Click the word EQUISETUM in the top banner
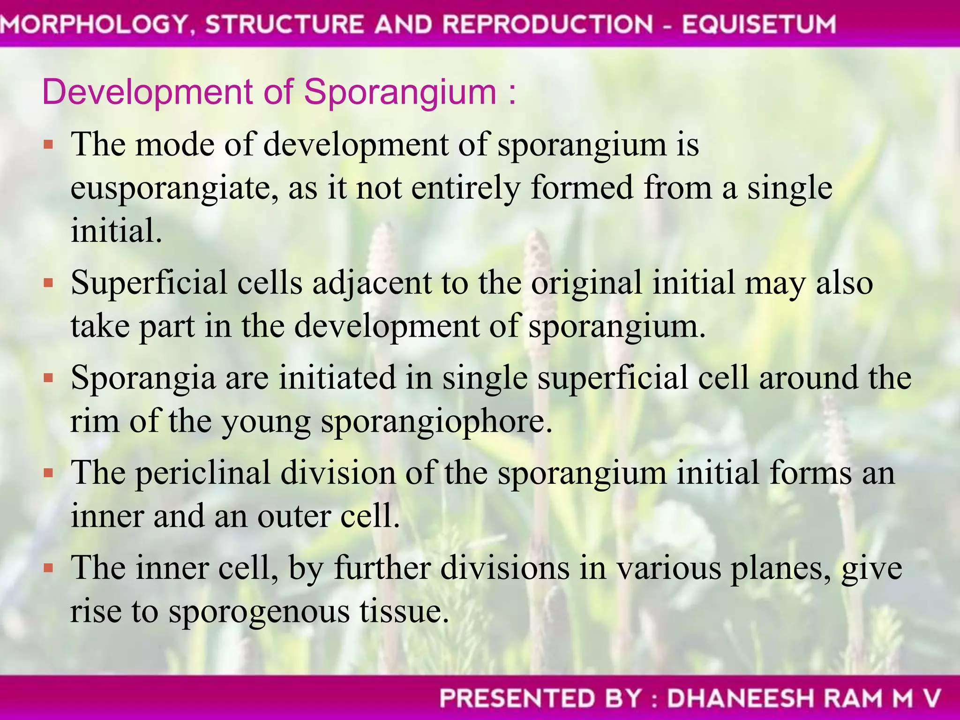[758, 24]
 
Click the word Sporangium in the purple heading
[400, 92]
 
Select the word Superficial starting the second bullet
[149, 283]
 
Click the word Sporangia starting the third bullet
[143, 378]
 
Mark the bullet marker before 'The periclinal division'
[48, 473]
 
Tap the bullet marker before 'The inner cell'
[48, 569]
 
